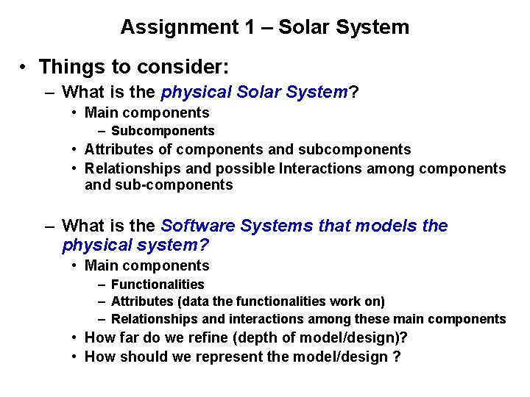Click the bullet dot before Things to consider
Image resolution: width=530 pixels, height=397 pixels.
(x=24, y=68)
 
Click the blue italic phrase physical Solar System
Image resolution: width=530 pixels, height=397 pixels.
(x=254, y=93)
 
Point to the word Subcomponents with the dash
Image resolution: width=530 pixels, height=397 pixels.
(x=163, y=131)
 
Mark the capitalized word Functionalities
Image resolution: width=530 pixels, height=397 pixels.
(x=158, y=284)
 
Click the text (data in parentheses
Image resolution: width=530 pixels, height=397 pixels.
(x=188, y=301)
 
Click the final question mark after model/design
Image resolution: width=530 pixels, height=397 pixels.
(x=397, y=357)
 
